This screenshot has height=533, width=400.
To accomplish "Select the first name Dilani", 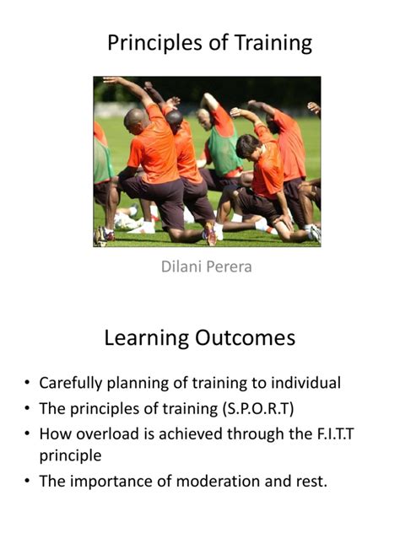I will (x=183, y=269).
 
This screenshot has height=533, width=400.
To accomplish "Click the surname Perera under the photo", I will (x=230, y=269).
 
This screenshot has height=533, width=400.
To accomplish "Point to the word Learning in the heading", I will (x=147, y=339).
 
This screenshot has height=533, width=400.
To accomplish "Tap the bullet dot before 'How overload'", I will (x=28, y=434).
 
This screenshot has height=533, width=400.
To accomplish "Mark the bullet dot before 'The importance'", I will (x=28, y=482).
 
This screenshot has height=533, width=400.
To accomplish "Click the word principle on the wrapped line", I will (x=71, y=456).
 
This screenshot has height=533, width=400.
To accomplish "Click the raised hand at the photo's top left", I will (x=110, y=82).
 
